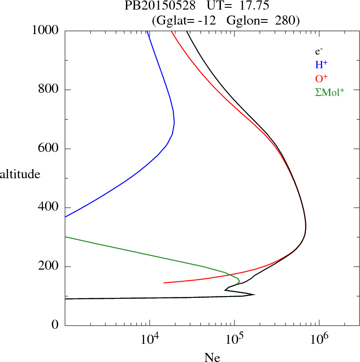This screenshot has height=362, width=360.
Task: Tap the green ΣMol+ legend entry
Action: (x=329, y=92)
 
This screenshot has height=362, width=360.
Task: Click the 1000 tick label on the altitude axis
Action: (x=45, y=30)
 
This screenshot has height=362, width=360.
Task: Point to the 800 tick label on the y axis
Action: (x=49, y=90)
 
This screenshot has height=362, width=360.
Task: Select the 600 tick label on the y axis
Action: (x=49, y=149)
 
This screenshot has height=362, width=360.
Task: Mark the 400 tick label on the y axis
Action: (x=49, y=207)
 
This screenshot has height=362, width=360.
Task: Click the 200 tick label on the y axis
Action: (x=49, y=266)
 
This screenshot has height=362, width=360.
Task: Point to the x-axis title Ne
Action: (x=212, y=357)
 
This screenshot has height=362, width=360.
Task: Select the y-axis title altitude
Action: (x=20, y=174)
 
